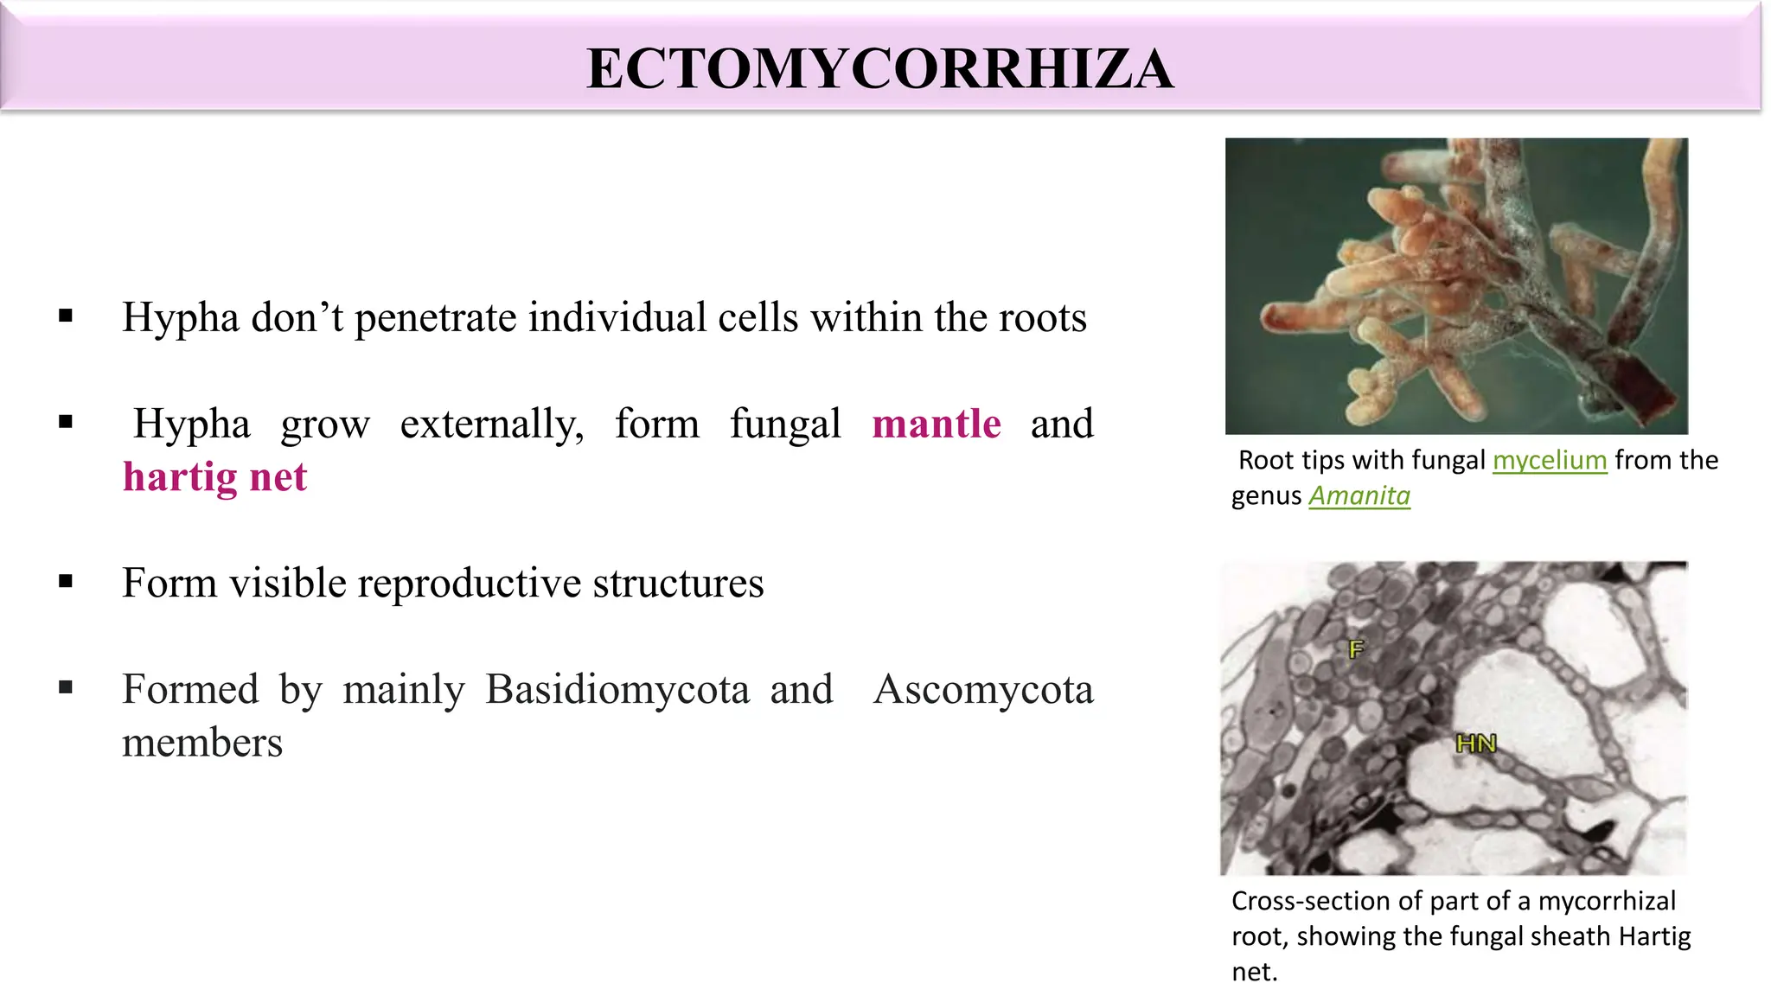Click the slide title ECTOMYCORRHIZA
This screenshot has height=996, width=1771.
[879, 69]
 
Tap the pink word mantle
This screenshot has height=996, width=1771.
[937, 425]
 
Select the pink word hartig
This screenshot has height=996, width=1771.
[179, 477]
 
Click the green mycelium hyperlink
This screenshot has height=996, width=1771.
[1550, 460]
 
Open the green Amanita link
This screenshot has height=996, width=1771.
[1359, 495]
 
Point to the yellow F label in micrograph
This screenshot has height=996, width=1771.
[1356, 648]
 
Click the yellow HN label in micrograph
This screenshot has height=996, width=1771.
[1475, 743]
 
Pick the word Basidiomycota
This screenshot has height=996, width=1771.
[617, 690]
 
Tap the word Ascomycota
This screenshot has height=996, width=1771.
[983, 690]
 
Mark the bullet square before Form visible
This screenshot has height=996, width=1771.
[66, 581]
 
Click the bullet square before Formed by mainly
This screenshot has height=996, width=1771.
[66, 687]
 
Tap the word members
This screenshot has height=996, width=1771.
[202, 744]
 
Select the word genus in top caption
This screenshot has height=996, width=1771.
[1266, 496]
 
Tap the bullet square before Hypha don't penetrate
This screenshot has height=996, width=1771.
[66, 316]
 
